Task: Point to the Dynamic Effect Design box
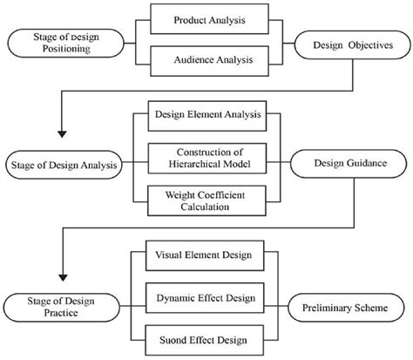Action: tap(207, 299)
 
